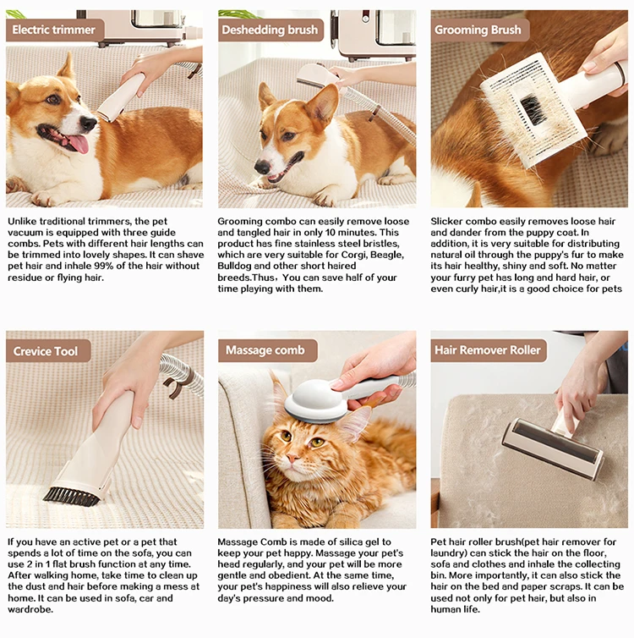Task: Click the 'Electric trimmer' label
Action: [55, 30]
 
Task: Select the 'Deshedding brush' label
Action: [270, 30]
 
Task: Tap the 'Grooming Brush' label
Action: [478, 30]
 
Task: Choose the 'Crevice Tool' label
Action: [46, 350]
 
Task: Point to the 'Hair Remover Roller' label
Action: [487, 350]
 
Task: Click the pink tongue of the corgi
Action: [78, 142]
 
